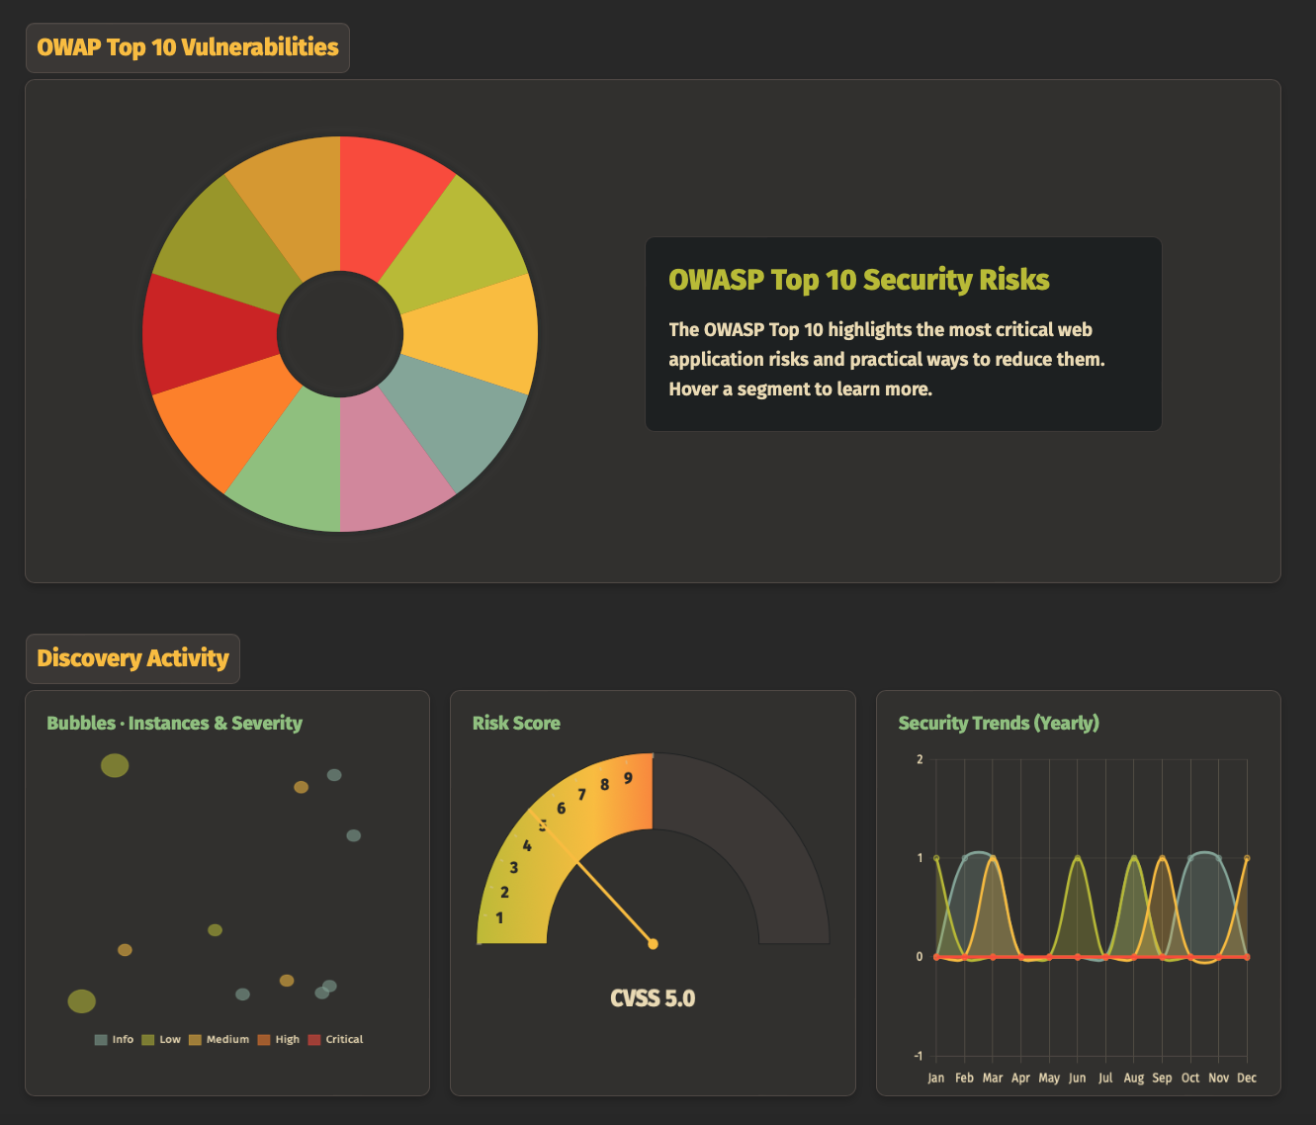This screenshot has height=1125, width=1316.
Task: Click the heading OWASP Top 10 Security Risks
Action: pos(858,280)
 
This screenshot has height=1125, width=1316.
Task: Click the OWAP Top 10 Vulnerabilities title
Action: pos(188,47)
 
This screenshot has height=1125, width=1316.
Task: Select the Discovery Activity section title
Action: pos(132,658)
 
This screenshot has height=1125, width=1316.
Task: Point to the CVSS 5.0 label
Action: pos(653,998)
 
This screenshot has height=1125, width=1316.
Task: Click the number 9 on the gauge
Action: pos(628,778)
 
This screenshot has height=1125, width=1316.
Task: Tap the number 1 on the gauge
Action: pos(499,917)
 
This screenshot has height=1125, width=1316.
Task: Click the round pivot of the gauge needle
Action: pos(653,944)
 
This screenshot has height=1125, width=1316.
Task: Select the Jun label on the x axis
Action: pos(1077,1078)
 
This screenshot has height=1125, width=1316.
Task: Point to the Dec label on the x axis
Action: pos(1247,1078)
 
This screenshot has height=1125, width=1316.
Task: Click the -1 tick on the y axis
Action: pos(920,1056)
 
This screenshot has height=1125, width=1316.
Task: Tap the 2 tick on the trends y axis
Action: pos(920,759)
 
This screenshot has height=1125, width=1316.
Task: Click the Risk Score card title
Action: pos(516,723)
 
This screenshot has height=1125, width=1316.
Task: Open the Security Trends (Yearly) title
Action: pos(999,723)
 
